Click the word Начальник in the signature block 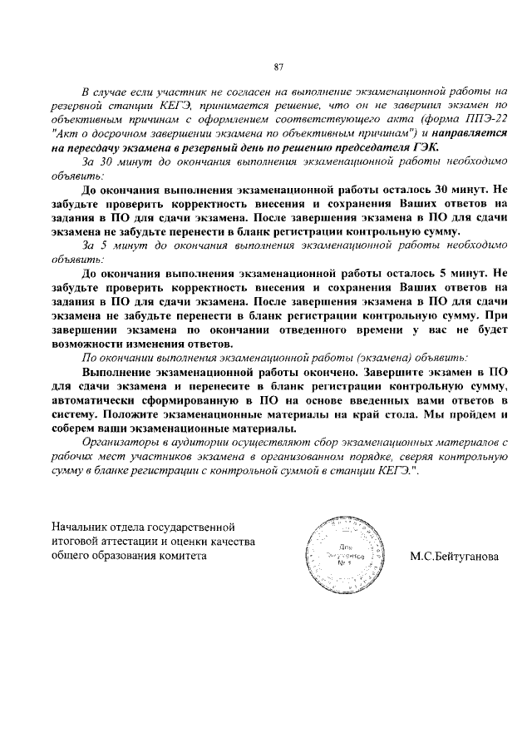[x=79, y=527]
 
